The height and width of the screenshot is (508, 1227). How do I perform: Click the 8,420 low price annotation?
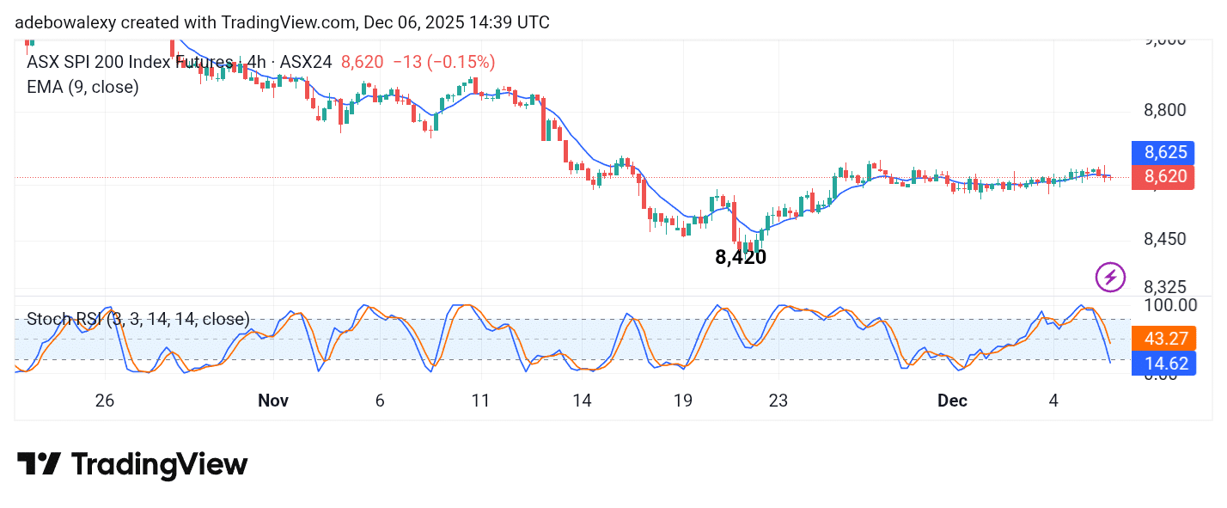click(740, 256)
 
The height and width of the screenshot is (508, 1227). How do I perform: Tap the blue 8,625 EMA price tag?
click(1166, 153)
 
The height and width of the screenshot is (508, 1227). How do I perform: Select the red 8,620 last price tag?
click(1166, 177)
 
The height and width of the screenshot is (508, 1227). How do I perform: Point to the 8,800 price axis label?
click(1166, 110)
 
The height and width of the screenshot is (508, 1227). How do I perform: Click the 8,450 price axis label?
click(1166, 239)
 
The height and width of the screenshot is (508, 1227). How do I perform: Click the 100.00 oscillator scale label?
click(1169, 304)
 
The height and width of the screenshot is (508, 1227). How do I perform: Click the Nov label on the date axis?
click(272, 401)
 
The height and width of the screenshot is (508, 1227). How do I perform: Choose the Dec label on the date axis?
click(952, 401)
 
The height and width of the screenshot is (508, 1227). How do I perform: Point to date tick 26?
click(105, 401)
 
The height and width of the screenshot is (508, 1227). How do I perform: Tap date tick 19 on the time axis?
click(683, 401)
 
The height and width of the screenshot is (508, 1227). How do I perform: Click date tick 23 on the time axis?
click(778, 401)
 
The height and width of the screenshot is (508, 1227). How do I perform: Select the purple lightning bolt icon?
click(1110, 277)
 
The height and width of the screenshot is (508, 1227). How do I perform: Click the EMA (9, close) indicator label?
click(82, 87)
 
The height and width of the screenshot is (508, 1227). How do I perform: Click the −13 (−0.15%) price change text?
click(443, 62)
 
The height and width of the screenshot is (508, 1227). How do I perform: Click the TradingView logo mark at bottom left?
click(39, 465)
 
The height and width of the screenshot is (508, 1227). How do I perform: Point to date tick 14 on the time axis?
click(582, 401)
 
